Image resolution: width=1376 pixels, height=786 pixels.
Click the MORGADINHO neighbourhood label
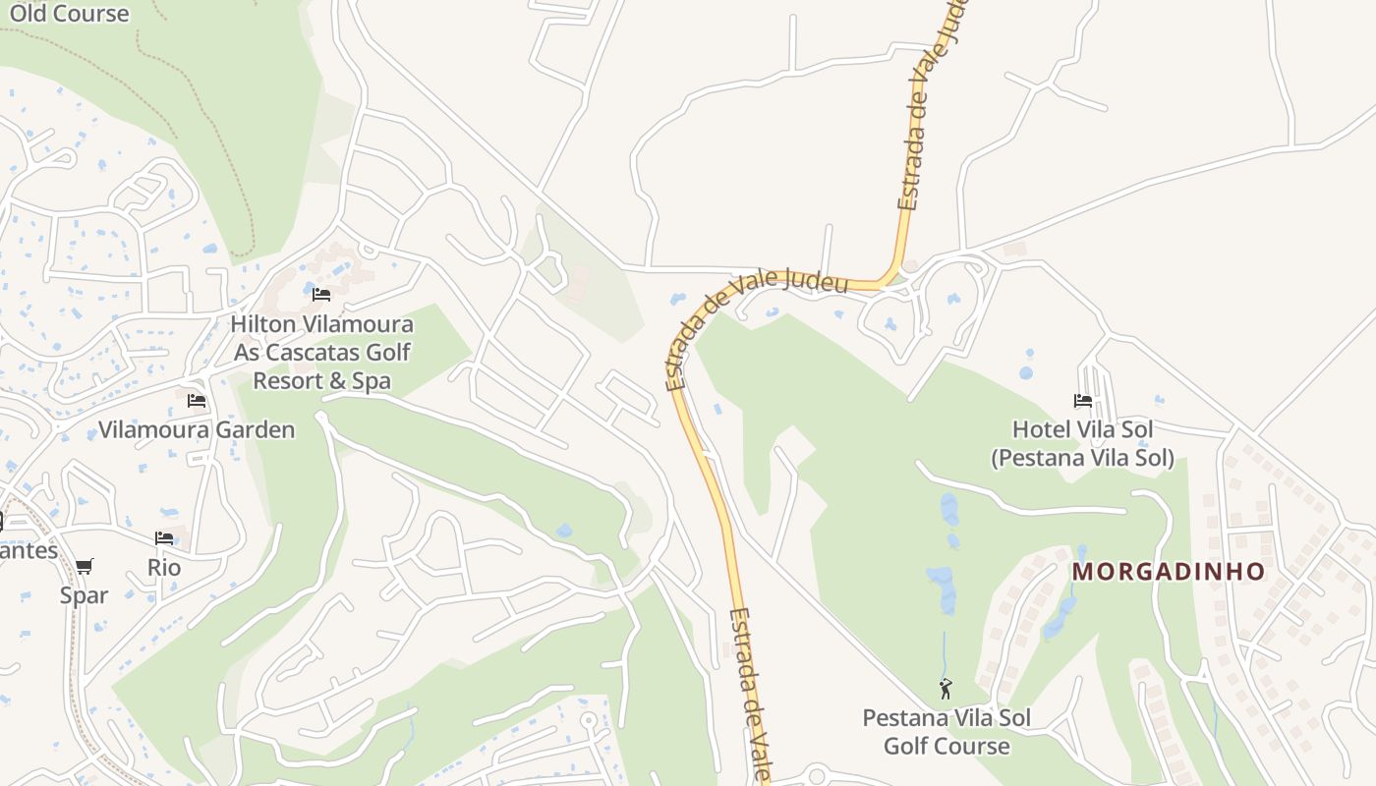click(x=1168, y=572)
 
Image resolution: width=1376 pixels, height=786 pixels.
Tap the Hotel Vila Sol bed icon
click(x=1083, y=401)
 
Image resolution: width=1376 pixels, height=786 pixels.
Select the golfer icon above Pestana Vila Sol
click(x=946, y=689)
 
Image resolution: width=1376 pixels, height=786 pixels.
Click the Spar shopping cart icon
click(x=84, y=567)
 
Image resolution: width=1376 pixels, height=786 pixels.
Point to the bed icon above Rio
click(x=164, y=538)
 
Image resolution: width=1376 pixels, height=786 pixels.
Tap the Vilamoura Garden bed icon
click(x=197, y=401)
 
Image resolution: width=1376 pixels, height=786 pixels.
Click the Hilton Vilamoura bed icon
click(x=321, y=295)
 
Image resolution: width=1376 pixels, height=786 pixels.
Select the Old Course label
click(x=69, y=14)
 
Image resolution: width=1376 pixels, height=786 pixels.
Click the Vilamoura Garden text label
click(x=197, y=430)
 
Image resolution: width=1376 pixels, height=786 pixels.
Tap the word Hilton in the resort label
click(x=266, y=324)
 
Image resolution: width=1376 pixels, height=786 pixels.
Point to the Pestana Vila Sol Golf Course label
click(x=946, y=732)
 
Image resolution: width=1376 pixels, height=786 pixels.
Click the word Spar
click(x=85, y=595)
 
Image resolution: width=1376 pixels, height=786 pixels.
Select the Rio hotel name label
click(x=164, y=568)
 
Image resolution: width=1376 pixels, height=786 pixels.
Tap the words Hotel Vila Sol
click(x=1083, y=430)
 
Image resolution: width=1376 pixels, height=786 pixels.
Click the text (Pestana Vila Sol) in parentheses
click(x=1082, y=458)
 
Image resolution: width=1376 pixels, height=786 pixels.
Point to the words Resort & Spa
click(x=322, y=381)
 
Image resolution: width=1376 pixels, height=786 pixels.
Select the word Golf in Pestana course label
click(x=905, y=747)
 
